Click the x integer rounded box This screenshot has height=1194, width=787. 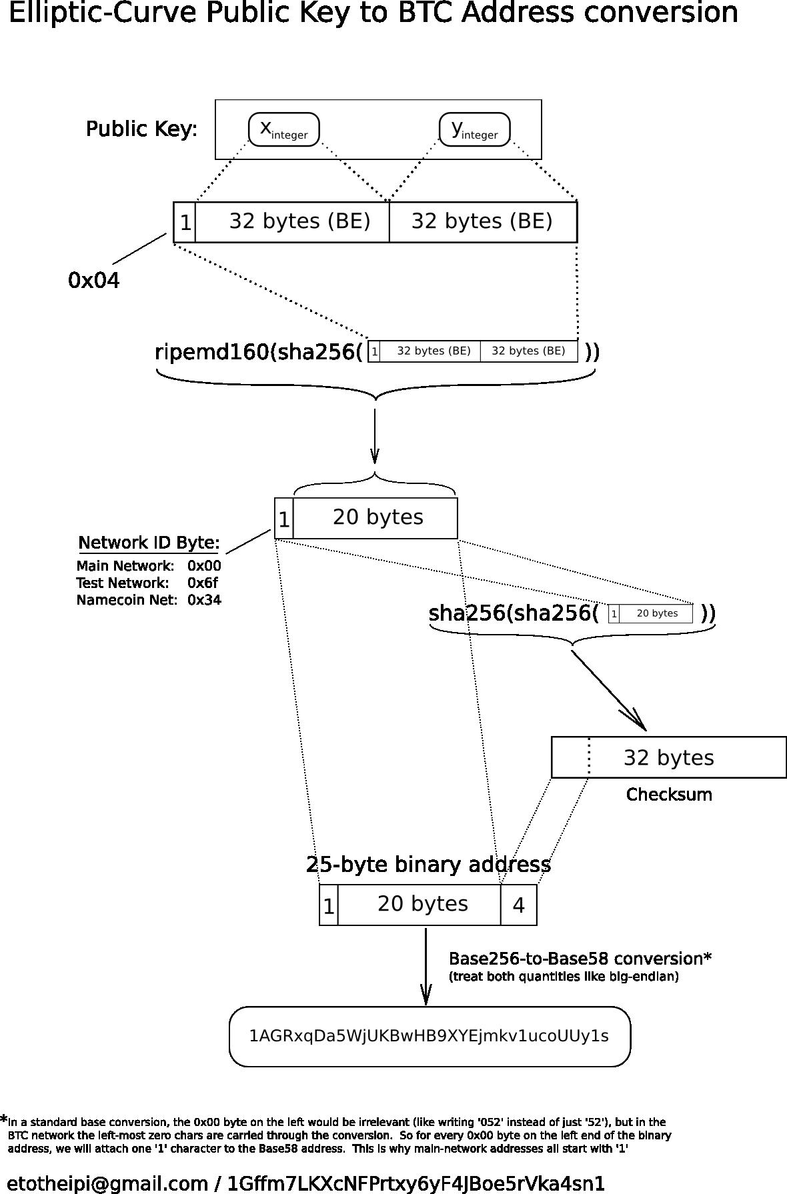point(283,129)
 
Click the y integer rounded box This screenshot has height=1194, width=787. point(474,129)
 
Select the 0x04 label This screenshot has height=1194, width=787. point(94,281)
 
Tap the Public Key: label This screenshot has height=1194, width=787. point(141,129)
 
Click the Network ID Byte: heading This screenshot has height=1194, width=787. point(149,543)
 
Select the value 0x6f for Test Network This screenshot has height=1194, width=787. point(203,583)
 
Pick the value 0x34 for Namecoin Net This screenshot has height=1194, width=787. point(204,600)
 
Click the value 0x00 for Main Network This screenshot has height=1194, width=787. point(204,566)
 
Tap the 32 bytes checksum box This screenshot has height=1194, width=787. point(668,757)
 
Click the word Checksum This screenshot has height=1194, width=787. point(669,795)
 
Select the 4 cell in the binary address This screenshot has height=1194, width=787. point(518,905)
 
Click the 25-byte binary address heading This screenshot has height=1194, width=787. point(428,865)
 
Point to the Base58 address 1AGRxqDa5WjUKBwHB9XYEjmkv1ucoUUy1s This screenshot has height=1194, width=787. point(429,1036)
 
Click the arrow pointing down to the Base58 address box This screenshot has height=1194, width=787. point(426,967)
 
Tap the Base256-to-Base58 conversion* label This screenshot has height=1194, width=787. point(580,959)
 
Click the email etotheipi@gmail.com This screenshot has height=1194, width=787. point(107,1183)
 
